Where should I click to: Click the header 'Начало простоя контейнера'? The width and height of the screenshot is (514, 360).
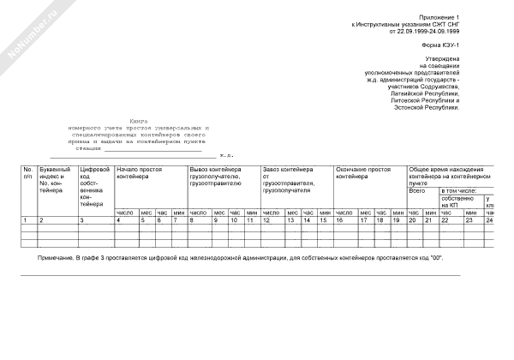139,172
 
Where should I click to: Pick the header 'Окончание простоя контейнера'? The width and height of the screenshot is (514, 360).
363,172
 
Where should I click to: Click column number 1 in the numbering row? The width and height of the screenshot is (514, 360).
26,220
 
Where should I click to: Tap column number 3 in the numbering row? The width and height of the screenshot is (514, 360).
81,220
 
